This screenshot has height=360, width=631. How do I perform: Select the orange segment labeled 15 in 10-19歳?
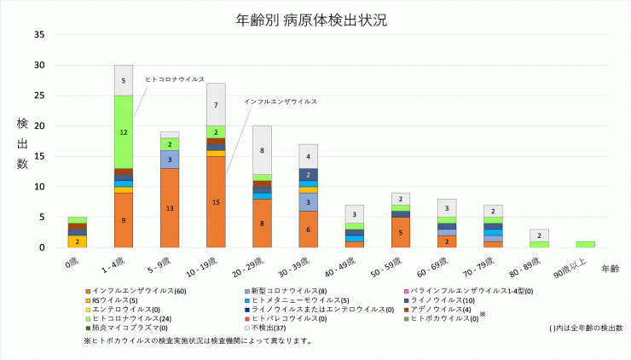pyautogui.click(x=216, y=202)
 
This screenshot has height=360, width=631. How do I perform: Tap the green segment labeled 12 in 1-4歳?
pyautogui.click(x=124, y=132)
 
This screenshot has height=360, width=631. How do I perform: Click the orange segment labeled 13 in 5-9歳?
pyautogui.click(x=170, y=208)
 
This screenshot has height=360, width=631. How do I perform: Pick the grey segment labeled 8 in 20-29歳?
pyautogui.click(x=262, y=150)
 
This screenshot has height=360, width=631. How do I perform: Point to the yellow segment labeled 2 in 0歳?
pyautogui.click(x=78, y=241)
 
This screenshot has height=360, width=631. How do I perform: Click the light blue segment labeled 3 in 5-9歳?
pyautogui.click(x=170, y=160)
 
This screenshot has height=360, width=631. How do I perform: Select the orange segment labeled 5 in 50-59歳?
pyautogui.click(x=400, y=232)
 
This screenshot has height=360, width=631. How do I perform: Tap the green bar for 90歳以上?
pyautogui.click(x=585, y=244)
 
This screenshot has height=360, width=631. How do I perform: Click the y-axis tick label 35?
pyautogui.click(x=39, y=35)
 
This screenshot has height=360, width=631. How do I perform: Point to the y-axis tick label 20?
pyautogui.click(x=39, y=126)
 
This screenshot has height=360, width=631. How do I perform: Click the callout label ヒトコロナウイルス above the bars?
pyautogui.click(x=174, y=78)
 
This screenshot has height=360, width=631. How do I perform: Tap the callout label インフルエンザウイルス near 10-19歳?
pyautogui.click(x=280, y=102)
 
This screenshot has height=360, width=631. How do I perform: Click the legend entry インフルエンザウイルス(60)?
pyautogui.click(x=129, y=292)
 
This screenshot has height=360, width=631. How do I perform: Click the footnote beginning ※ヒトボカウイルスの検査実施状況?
pyautogui.click(x=196, y=341)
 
